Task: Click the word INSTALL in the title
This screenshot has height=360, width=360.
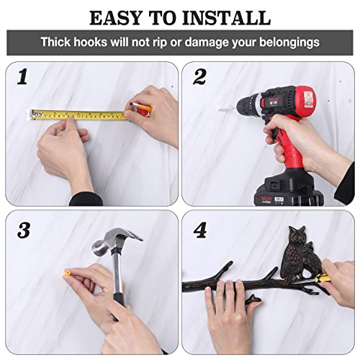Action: (x=226, y=18)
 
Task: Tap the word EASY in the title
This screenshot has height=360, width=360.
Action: (x=116, y=18)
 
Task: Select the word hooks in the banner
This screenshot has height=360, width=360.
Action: (x=90, y=42)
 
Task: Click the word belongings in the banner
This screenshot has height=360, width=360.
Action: (x=289, y=42)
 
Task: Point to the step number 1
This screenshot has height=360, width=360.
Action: (x=22, y=76)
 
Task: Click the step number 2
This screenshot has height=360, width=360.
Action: (x=199, y=76)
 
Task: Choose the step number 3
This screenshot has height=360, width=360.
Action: (x=24, y=230)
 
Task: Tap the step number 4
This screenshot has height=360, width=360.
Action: (x=200, y=230)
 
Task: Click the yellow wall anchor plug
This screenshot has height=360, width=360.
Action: (x=66, y=274)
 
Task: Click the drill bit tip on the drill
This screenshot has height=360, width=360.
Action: (x=220, y=109)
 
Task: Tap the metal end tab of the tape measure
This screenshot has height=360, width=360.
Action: (x=32, y=115)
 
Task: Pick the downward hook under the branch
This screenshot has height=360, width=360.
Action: (x=254, y=300)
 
